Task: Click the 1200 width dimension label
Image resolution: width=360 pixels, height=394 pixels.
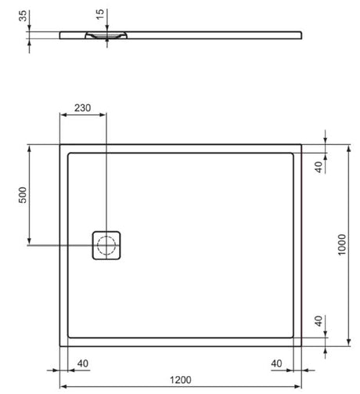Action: pos(181,380)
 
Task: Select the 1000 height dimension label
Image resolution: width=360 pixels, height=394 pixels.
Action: pos(341,244)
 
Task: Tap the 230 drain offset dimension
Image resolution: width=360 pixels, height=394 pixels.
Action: pos(83,108)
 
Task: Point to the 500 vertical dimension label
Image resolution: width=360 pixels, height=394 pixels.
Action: pos(23,195)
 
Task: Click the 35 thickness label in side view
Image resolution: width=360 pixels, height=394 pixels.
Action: pos(23,16)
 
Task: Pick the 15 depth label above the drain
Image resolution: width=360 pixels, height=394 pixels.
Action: pos(100,14)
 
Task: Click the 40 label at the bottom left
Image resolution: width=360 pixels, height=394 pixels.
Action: pos(83,363)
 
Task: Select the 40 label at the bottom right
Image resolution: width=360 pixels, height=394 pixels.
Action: pos(276,363)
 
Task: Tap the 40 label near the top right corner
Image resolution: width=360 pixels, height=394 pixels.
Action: pos(319,167)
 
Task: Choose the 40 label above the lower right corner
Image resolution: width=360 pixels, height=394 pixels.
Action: pos(319,321)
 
